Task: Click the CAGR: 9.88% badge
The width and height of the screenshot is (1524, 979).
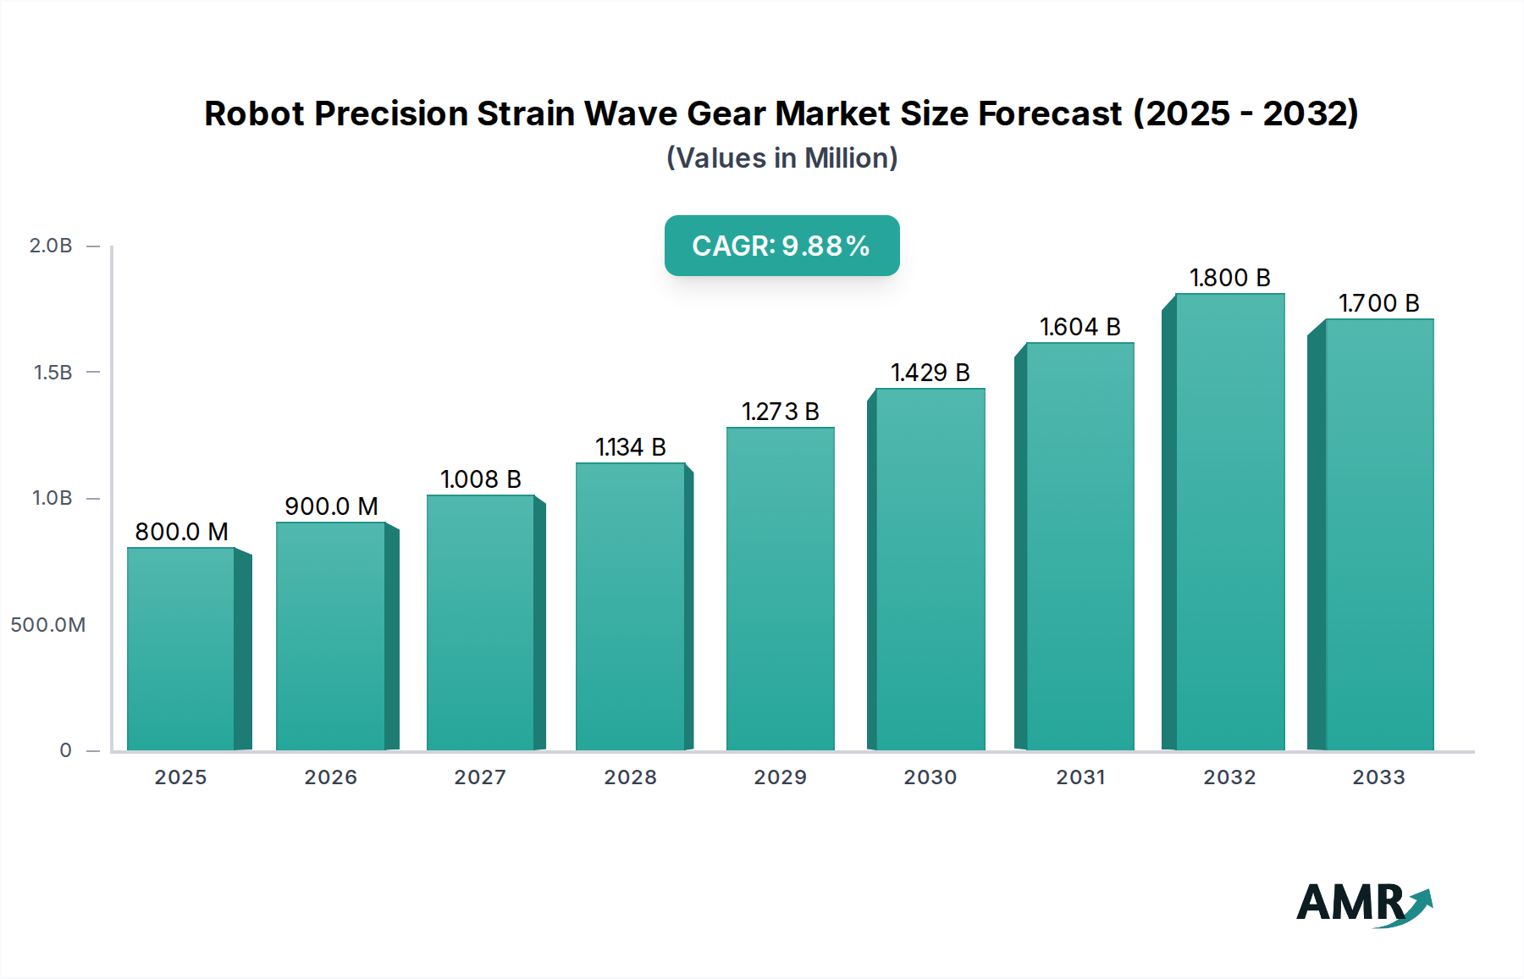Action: click(781, 246)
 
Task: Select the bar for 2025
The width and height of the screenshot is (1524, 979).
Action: click(181, 649)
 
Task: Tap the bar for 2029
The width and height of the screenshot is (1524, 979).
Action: click(780, 589)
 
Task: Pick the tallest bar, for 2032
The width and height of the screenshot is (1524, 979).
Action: click(1229, 522)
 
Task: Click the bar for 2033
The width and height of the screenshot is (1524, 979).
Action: click(1378, 534)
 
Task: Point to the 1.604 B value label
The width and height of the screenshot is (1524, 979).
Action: click(1079, 327)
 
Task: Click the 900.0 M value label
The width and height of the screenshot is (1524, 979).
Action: click(331, 506)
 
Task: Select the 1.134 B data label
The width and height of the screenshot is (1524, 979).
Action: click(630, 447)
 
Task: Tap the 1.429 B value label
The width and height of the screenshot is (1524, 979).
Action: click(930, 373)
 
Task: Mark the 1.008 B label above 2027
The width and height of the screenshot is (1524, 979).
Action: click(480, 479)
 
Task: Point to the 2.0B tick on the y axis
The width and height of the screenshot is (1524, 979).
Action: click(51, 246)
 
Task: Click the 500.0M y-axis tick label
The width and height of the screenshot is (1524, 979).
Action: click(48, 625)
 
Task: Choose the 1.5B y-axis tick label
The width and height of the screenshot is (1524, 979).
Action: click(52, 373)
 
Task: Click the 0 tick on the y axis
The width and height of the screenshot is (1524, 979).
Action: click(65, 750)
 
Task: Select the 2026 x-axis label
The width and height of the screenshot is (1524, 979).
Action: click(330, 777)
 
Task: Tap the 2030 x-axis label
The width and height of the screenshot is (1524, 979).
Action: click(930, 777)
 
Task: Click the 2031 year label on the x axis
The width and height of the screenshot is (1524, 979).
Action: click(1079, 777)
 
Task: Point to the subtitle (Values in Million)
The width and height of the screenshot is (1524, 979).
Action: click(781, 158)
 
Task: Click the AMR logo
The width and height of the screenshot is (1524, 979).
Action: click(1363, 904)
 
